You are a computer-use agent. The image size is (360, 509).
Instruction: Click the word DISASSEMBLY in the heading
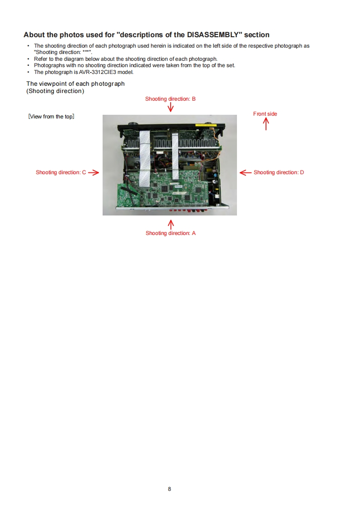click(213, 35)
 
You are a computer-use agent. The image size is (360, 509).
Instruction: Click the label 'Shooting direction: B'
click(170, 99)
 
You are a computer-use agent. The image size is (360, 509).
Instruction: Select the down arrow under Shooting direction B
click(171, 108)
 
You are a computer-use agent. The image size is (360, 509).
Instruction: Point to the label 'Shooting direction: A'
click(171, 233)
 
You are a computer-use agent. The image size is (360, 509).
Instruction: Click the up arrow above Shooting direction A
click(171, 224)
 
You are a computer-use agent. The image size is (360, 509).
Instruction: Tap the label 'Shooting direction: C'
click(61, 172)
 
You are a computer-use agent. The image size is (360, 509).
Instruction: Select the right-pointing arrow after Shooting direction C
click(94, 172)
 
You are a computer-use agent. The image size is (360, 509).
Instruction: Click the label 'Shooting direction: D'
click(279, 172)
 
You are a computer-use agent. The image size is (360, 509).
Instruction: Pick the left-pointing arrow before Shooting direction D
click(245, 172)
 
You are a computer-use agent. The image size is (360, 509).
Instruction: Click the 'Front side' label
click(265, 114)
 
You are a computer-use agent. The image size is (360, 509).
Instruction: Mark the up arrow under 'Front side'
click(266, 124)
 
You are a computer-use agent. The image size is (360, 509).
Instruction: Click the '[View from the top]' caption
click(51, 117)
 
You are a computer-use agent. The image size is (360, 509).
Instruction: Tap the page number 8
click(169, 489)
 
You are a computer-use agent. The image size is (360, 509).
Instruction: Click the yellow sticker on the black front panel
click(206, 125)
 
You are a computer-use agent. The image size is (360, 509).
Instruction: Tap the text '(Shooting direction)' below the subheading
click(55, 91)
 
